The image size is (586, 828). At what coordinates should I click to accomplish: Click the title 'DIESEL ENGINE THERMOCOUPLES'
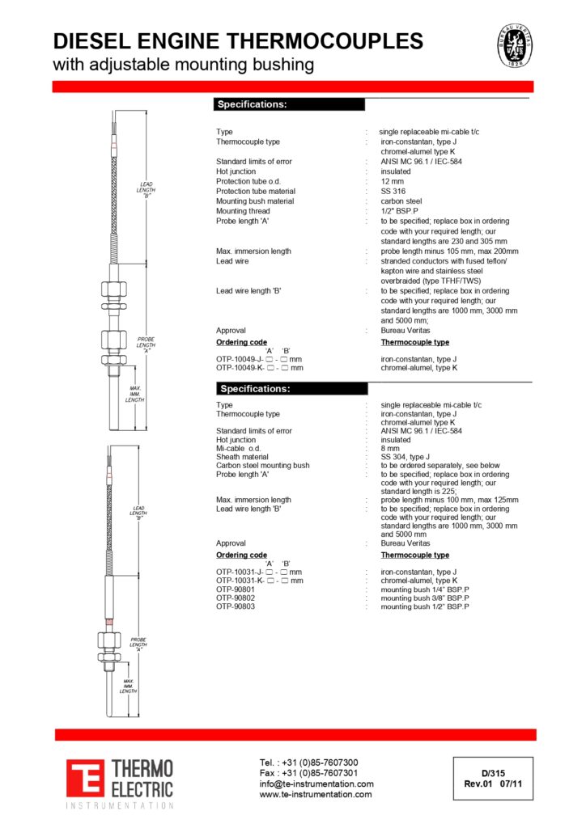237,41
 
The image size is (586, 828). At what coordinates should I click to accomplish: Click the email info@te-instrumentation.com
316,784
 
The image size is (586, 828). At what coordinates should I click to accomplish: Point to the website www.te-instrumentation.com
316,794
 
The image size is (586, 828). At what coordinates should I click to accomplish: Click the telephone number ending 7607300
308,763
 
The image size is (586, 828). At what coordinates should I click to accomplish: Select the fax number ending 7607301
308,773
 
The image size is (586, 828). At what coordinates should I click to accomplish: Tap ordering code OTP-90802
236,598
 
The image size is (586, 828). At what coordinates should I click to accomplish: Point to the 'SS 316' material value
393,191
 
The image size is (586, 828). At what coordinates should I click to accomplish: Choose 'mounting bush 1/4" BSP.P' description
424,589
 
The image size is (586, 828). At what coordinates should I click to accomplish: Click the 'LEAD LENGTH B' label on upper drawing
147,189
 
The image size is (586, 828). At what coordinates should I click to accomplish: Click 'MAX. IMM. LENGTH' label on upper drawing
134,394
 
